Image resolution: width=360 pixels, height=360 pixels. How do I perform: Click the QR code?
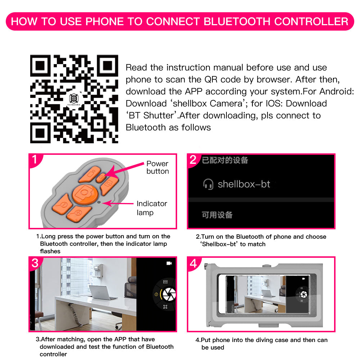click(74, 99)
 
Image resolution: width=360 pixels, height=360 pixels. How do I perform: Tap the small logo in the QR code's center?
click(74, 98)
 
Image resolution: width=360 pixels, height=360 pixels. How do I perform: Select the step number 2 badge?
click(193, 160)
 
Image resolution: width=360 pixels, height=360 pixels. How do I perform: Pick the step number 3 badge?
click(35, 263)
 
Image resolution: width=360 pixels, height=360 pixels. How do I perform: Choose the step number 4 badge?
click(193, 264)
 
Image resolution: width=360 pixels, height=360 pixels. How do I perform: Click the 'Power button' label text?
click(157, 167)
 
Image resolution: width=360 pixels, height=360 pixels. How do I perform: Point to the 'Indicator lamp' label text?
click(152, 208)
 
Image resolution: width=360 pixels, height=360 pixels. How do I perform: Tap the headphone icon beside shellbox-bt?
click(208, 185)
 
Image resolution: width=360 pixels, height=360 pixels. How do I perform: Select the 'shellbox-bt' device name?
click(244, 185)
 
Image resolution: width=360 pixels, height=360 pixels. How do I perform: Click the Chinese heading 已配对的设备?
click(225, 160)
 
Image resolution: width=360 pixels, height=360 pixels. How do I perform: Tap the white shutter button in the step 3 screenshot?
click(168, 294)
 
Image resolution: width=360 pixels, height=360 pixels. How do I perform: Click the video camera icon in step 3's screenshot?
click(169, 264)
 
